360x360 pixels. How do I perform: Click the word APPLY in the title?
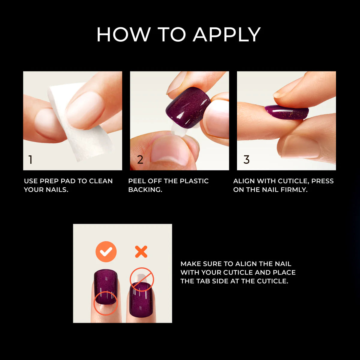click(226, 34)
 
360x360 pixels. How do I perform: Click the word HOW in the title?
click(123, 34)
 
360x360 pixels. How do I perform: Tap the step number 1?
click(30, 160)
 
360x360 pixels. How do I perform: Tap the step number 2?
click(140, 160)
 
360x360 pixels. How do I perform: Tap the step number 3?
click(247, 160)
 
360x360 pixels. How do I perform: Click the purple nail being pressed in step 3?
click(286, 113)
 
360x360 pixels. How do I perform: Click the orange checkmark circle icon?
click(106, 252)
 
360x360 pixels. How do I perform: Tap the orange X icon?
click(141, 252)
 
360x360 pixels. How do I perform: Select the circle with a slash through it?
click(142, 279)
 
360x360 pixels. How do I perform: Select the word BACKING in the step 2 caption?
click(145, 190)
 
